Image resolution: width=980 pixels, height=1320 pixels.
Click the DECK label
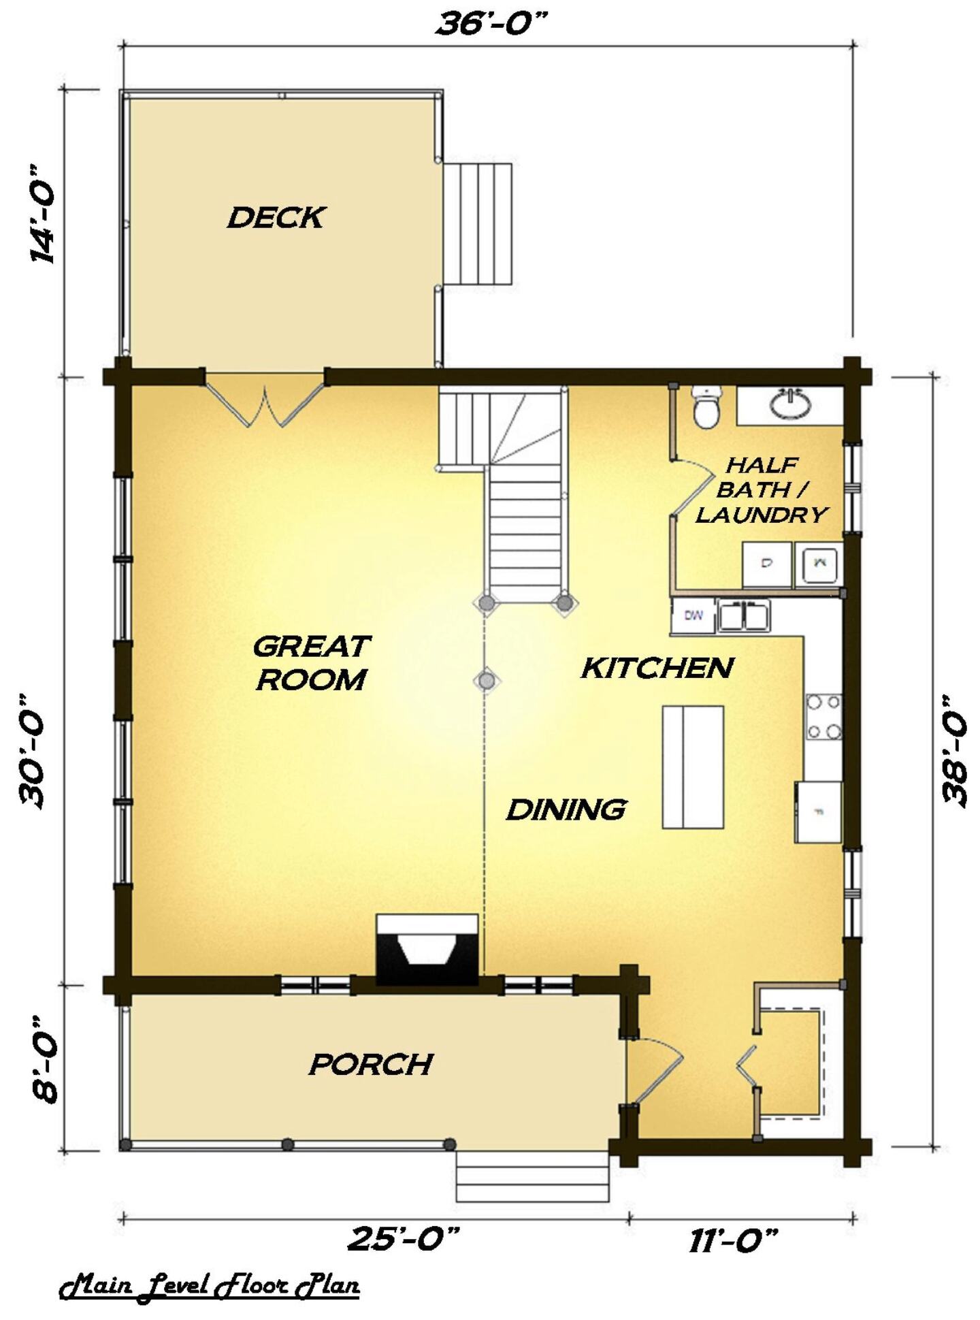(276, 218)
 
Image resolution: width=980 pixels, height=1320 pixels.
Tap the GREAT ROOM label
(312, 662)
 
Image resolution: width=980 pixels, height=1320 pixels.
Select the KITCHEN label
(657, 668)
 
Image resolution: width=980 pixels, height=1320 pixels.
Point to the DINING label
(566, 809)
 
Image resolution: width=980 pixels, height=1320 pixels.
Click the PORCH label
(371, 1064)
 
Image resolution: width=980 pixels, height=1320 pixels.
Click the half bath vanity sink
(790, 403)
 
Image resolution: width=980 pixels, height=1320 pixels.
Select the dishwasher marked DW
(693, 615)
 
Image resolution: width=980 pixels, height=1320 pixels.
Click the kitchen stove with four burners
(823, 717)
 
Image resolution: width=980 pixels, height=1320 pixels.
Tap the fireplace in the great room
(428, 950)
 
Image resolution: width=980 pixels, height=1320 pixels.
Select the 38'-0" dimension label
(955, 750)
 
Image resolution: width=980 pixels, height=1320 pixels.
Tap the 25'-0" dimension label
(405, 1239)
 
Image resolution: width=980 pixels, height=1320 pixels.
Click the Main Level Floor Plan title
(210, 1286)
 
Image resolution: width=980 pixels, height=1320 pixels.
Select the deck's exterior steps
(478, 223)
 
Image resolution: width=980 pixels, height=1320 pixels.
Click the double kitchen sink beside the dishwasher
(744, 615)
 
